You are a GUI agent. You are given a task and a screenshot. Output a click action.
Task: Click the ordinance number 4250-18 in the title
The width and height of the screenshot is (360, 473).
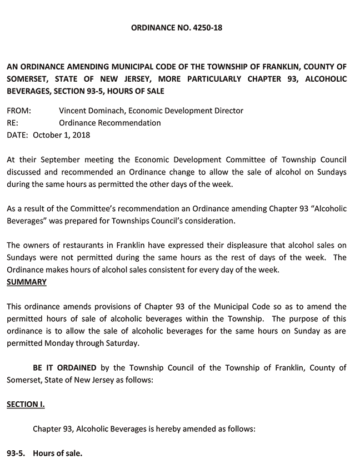[207, 27]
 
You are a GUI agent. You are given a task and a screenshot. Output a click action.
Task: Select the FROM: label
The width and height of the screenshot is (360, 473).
[18, 111]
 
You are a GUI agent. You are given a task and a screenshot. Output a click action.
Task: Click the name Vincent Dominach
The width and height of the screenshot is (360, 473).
[91, 111]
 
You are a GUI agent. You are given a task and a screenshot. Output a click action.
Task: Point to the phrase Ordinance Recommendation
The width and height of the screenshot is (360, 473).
[109, 123]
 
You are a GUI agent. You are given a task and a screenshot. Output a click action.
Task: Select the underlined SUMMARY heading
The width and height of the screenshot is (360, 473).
[26, 282]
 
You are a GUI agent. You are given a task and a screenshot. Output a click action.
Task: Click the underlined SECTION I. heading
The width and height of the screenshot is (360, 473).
[26, 404]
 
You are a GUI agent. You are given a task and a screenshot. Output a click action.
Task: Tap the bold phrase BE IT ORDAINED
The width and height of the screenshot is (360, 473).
[64, 367]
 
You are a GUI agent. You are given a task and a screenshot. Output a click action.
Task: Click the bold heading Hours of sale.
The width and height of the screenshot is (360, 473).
[57, 454]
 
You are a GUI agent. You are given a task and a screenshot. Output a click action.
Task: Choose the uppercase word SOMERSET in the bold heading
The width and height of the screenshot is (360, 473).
[27, 79]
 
